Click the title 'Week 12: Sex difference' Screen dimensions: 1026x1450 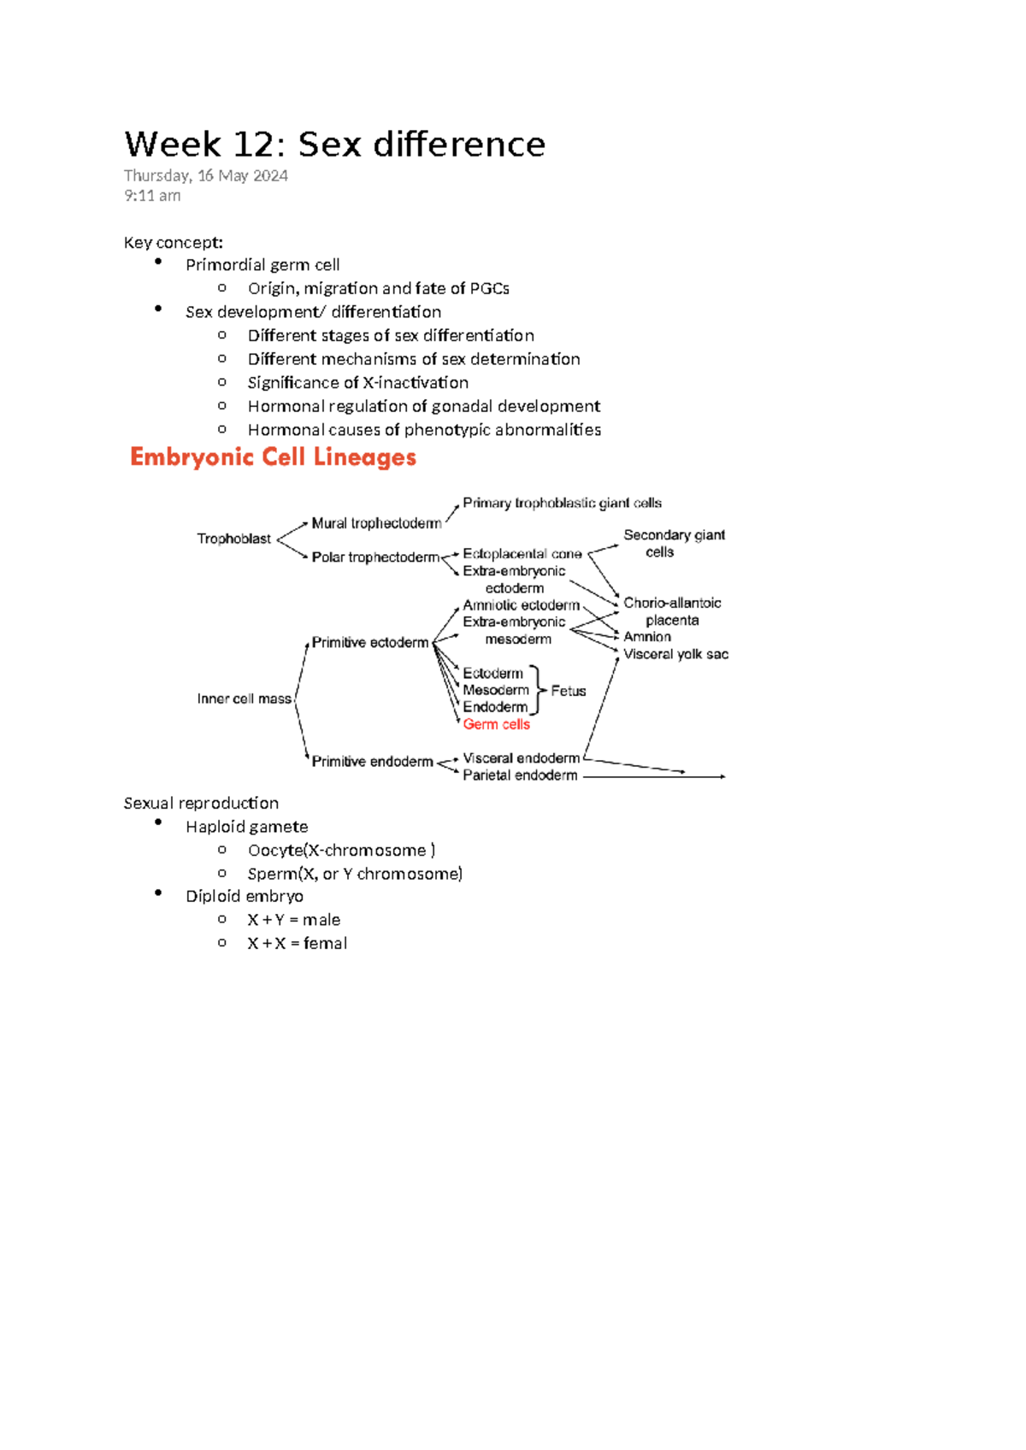coord(334,144)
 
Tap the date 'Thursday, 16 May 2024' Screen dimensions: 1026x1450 coord(205,176)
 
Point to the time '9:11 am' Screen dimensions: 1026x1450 coord(152,196)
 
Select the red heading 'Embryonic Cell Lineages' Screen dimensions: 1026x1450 coord(273,457)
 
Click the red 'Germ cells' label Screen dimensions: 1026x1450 coord(496,724)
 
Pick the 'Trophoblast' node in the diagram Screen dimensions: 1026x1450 coord(233,539)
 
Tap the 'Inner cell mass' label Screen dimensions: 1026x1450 coord(244,698)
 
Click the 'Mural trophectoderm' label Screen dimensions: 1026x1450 coord(376,523)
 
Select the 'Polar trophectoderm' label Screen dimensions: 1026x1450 coord(375,557)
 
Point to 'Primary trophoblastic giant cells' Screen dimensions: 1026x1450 coord(562,503)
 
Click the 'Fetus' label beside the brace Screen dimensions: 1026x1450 coord(568,691)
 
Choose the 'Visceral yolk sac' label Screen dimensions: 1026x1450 coord(675,654)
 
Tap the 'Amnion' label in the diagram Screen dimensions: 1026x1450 coord(647,637)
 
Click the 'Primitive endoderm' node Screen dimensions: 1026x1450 coord(372,761)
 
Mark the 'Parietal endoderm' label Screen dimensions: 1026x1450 coord(520,775)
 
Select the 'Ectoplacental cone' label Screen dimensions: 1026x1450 coord(522,554)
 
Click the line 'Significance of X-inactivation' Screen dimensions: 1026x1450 coord(357,383)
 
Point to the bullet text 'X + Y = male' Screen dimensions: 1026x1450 coord(293,920)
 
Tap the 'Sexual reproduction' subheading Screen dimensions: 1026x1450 coord(201,803)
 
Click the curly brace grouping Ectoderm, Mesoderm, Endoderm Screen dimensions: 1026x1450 coord(536,690)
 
